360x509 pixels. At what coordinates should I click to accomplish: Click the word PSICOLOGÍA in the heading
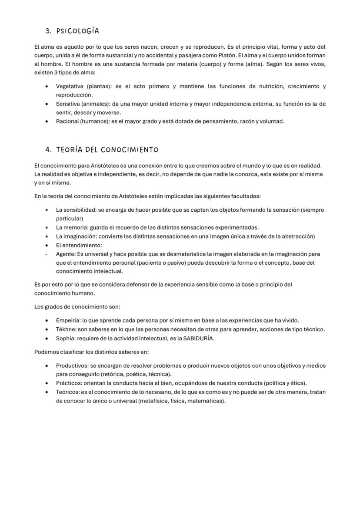point(78,31)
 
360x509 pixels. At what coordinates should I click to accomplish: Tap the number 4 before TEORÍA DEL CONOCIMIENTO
point(48,150)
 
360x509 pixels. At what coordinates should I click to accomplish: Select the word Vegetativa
point(70,86)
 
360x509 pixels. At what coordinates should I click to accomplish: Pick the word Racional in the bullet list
point(67,121)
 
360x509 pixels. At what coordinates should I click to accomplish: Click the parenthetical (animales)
point(96,104)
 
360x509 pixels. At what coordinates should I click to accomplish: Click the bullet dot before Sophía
point(47,338)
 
